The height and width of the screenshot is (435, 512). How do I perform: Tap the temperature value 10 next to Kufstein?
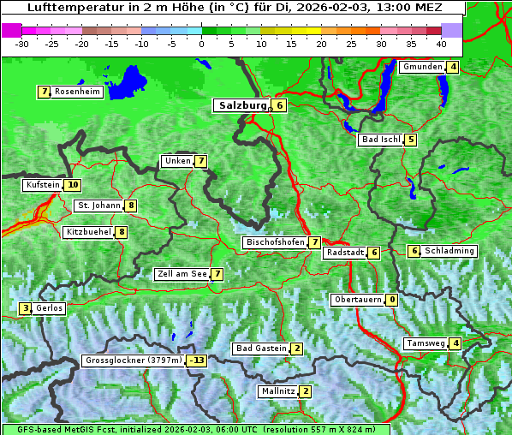(x=73, y=185)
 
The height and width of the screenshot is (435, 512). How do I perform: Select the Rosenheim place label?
(x=76, y=92)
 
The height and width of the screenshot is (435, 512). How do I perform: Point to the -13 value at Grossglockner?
(x=198, y=361)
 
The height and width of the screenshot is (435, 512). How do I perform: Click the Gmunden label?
(x=422, y=67)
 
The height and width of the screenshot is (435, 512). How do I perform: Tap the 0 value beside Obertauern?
(x=391, y=300)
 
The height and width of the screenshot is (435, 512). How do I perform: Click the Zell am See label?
(x=182, y=274)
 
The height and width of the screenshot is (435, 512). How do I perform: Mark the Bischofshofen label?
(x=275, y=242)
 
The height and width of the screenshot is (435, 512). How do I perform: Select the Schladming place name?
(x=449, y=251)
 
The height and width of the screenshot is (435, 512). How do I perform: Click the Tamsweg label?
(x=426, y=343)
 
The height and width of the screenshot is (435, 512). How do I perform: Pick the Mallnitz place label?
(x=277, y=391)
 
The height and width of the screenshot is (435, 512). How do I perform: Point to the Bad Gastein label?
(x=261, y=349)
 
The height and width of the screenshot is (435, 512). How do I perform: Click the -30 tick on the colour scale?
(x=23, y=43)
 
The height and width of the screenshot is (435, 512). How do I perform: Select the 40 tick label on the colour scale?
(x=441, y=43)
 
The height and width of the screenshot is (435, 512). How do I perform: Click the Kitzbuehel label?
(x=88, y=232)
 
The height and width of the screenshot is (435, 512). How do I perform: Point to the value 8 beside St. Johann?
(x=130, y=206)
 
